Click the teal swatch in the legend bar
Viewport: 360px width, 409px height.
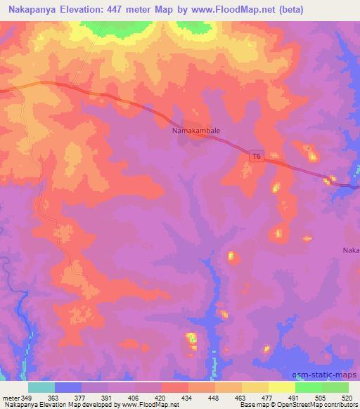coord(41,387)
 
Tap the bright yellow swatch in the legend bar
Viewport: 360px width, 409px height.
coord(281,387)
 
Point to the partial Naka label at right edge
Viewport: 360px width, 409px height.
coord(351,250)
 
